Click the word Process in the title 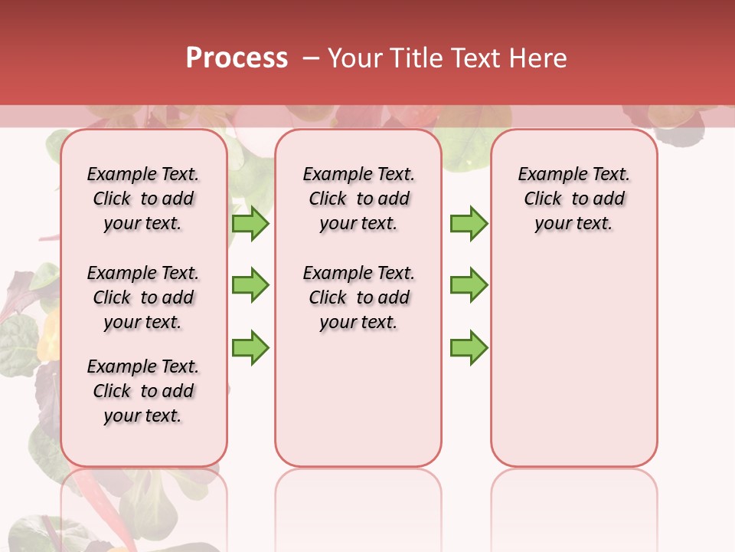pos(237,58)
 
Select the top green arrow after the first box pos(250,223)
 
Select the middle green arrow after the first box pos(250,285)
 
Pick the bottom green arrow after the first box pos(250,347)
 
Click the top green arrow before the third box pos(469,223)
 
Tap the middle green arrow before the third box pos(469,285)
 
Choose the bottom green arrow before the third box pos(469,347)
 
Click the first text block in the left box pos(143,199)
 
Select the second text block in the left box pos(143,297)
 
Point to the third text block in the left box pos(143,391)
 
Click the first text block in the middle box pos(358,199)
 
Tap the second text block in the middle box pos(358,297)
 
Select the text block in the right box pos(573,199)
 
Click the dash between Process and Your pos(311,58)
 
